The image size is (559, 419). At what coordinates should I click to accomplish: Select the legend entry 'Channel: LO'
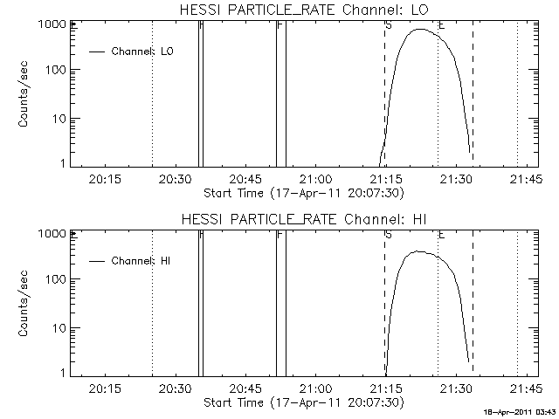coord(143,52)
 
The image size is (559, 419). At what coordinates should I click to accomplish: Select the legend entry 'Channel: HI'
coord(141,260)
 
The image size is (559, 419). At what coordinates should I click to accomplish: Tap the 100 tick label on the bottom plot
coord(54,279)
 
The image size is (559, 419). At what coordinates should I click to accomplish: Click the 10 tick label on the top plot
coord(58,118)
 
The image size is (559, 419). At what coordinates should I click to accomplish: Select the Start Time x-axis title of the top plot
coord(301,192)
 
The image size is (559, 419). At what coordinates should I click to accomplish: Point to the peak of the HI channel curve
coord(419,251)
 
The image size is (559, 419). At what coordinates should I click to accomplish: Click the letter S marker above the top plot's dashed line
coord(388,25)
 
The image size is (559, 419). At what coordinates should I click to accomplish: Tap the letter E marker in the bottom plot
coord(442,234)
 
